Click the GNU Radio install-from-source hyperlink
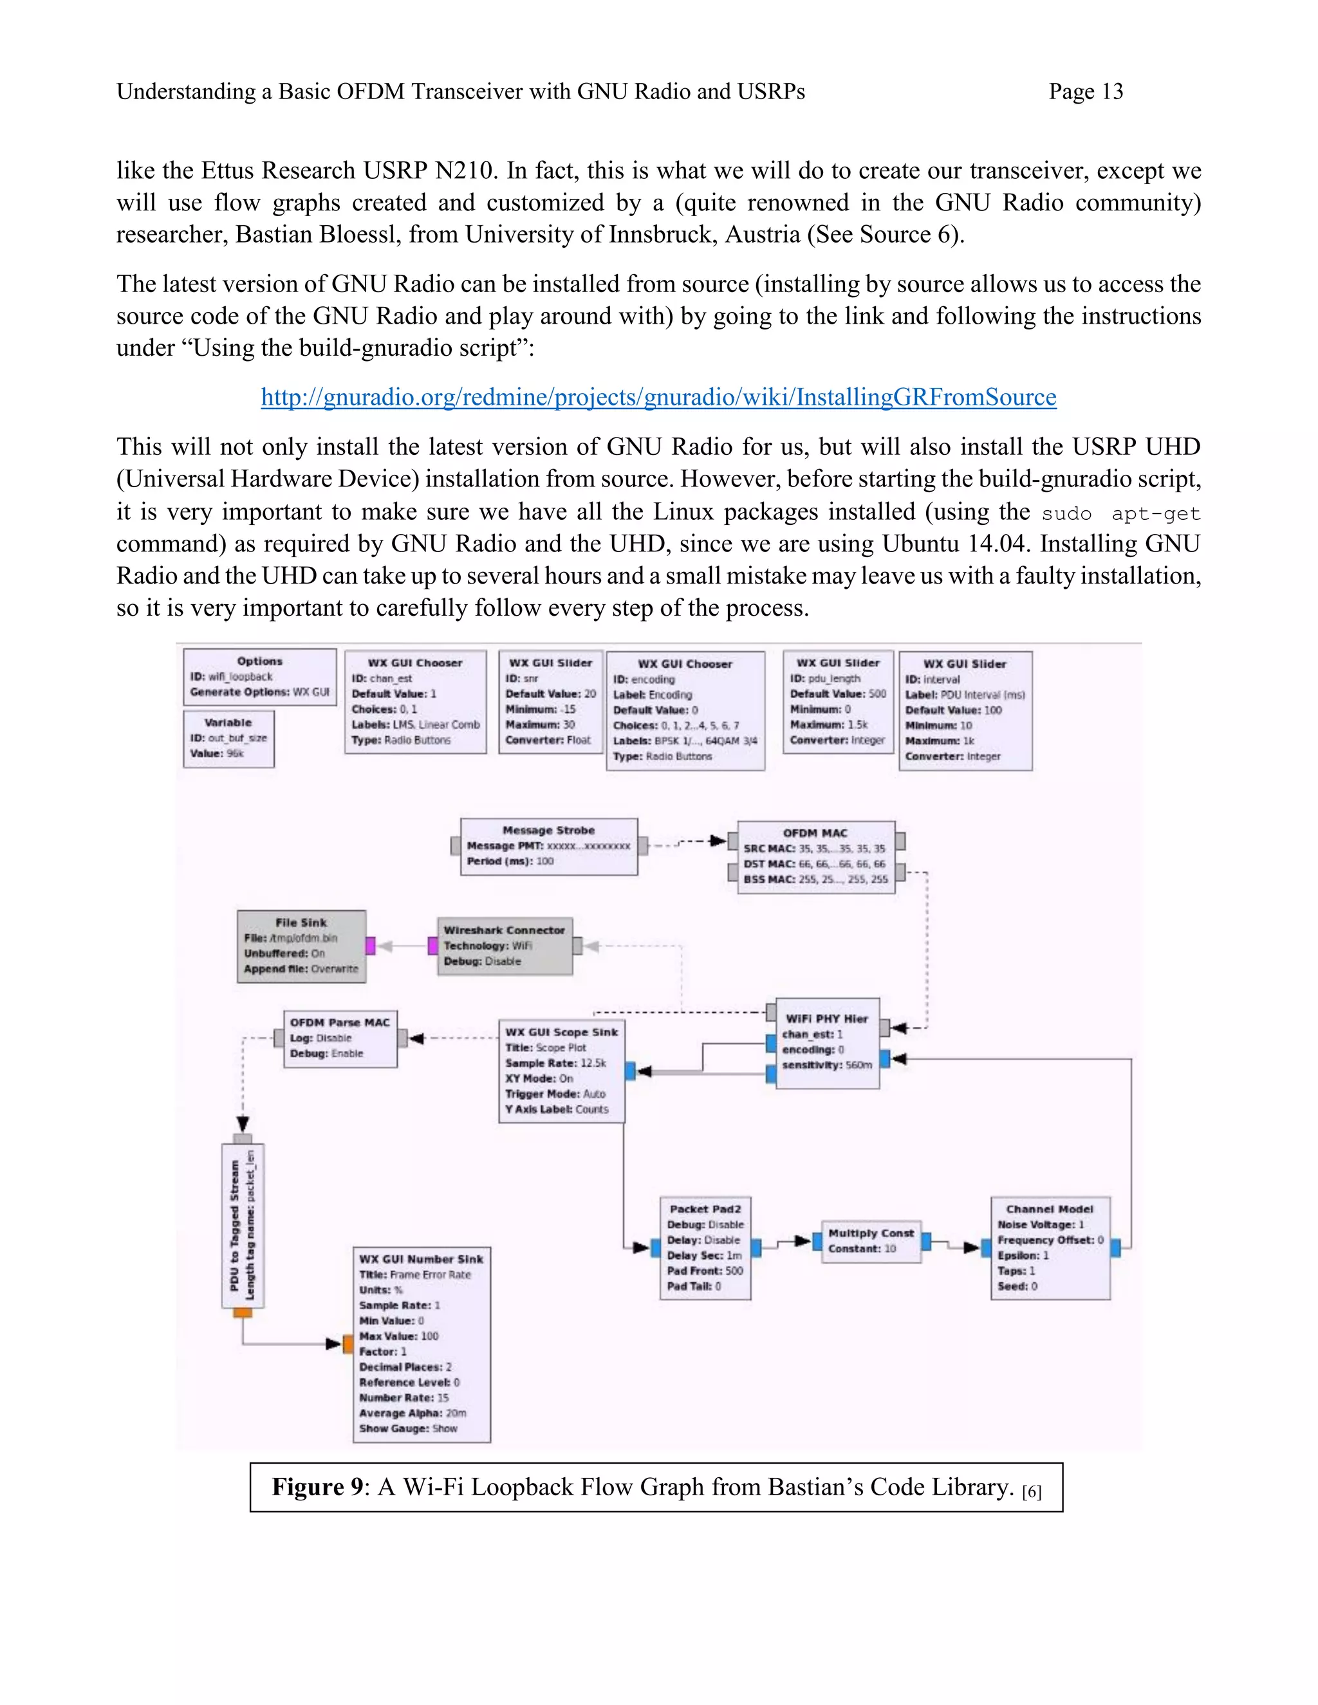click(658, 398)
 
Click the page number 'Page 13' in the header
click(1085, 92)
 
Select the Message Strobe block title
click(548, 830)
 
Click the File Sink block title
click(301, 922)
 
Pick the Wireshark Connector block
click(505, 945)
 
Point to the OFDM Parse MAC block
click(340, 1038)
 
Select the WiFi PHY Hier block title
click(826, 1018)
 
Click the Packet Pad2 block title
click(705, 1208)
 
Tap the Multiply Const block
click(871, 1240)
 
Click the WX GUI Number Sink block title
click(421, 1258)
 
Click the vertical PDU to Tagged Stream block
click(243, 1225)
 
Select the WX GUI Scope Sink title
click(561, 1032)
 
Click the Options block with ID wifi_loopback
click(259, 676)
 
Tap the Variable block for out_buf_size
click(228, 738)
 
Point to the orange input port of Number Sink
click(348, 1343)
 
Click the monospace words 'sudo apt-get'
click(1120, 513)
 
